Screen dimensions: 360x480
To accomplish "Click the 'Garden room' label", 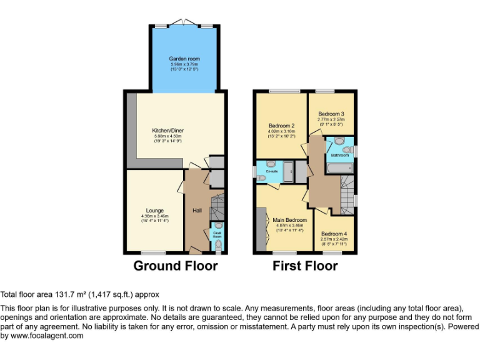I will pos(184,58).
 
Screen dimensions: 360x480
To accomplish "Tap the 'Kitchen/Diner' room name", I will pos(168,130).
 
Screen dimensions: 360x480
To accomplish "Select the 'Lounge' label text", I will pos(155,211).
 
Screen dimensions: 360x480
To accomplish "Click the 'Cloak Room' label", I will pos(217,236).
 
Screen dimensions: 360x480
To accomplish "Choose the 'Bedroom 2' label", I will pos(281,126).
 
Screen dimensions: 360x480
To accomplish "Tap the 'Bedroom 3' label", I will pos(331,114).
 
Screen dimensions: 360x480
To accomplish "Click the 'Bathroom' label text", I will pos(340,155).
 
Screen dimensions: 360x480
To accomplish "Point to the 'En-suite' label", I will pos(272,171).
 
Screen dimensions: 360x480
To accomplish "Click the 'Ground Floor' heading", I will pos(176,266).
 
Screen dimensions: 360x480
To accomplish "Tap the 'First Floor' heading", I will pos(305,266).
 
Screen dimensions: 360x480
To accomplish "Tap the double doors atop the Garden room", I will pos(184,23).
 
